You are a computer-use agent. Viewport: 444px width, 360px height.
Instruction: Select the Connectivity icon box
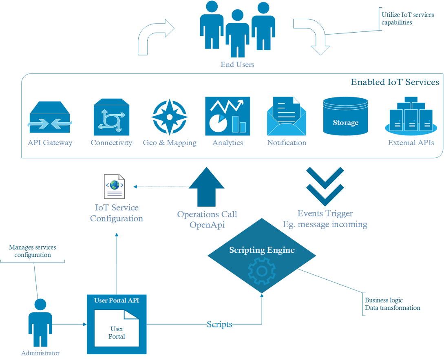(x=111, y=117)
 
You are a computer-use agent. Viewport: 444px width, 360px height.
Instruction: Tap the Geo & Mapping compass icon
(x=169, y=117)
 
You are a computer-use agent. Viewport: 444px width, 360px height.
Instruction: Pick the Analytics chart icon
(x=228, y=116)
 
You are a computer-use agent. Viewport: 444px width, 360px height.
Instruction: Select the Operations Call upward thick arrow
(x=207, y=188)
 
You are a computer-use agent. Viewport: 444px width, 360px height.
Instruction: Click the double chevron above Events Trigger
(x=325, y=186)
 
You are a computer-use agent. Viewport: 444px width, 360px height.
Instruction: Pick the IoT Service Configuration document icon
(x=115, y=187)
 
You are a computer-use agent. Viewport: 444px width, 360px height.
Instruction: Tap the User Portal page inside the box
(x=117, y=329)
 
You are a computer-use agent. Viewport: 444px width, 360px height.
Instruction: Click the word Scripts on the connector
(x=219, y=325)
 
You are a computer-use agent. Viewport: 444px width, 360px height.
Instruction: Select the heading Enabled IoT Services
(x=395, y=82)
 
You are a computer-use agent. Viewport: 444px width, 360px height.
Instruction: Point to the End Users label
(x=237, y=64)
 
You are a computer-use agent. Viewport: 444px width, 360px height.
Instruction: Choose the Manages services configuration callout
(x=33, y=251)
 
